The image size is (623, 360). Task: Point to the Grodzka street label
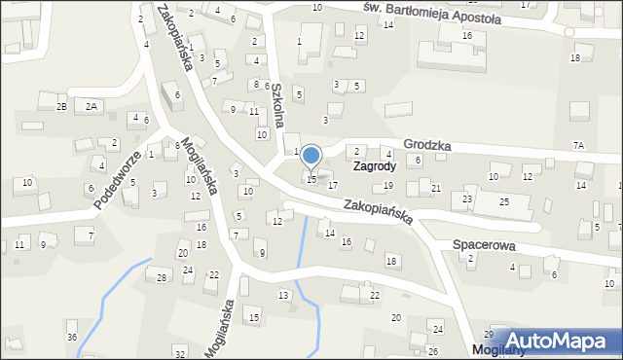[x=426, y=144]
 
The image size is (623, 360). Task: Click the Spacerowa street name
[x=484, y=246]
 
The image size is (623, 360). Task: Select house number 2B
[x=61, y=106]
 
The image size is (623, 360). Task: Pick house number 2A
[x=92, y=106]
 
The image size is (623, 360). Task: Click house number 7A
[x=578, y=145]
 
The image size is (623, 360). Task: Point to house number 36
[x=71, y=337]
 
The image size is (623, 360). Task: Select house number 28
[x=162, y=277]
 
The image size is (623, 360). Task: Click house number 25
[x=504, y=201]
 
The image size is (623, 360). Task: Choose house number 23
[x=467, y=198]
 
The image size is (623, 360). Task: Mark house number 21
[x=436, y=188]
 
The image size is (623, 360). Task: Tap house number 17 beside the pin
[x=333, y=185]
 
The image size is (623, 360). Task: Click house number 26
[x=433, y=350]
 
